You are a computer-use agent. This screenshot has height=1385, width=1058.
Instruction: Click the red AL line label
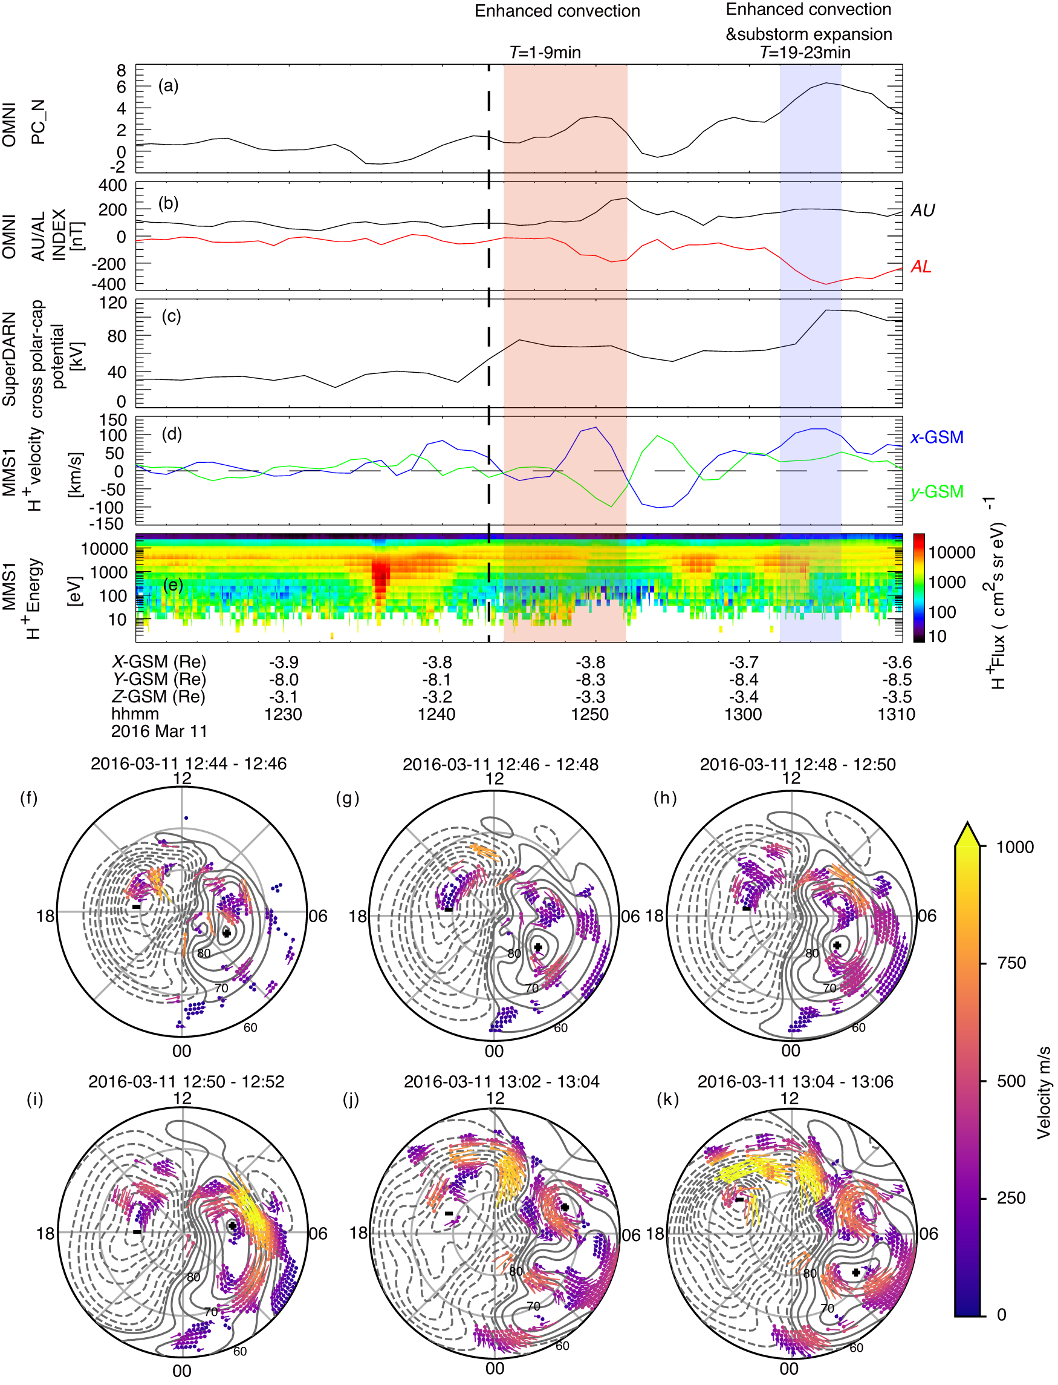pos(921,267)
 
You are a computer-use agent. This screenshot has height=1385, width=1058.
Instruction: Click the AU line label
pos(923,211)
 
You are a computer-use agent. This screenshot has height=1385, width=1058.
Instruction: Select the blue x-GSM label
pos(936,437)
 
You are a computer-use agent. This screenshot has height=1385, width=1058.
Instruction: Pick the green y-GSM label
pos(936,492)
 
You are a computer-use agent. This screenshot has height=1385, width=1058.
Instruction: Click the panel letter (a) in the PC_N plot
pos(168,86)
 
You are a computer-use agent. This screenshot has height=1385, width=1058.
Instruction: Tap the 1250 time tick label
pos(589,715)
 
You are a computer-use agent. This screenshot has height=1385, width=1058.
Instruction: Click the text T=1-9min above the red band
pos(545,52)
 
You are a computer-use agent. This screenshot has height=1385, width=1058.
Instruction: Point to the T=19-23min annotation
pos(805,52)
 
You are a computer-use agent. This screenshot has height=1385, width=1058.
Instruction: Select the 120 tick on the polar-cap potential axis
pos(114,303)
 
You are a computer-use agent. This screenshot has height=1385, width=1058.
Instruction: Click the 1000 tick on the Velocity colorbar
pos(1014,847)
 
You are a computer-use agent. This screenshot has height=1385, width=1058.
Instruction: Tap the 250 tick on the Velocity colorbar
pos(1011,1198)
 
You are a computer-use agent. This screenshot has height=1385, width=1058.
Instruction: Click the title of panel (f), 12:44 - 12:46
pos(188,764)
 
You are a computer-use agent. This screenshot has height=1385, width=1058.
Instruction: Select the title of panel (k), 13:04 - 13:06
pos(795,1082)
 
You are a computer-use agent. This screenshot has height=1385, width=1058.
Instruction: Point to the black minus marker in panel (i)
pos(137,1231)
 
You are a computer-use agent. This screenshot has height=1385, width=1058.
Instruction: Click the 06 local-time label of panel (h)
pos(926,916)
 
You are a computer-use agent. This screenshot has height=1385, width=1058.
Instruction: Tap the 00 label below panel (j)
pos(495,1369)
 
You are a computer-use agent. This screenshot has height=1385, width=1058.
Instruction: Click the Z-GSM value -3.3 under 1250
pos(589,697)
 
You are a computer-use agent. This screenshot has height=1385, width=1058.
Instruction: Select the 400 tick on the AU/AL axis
pos(114,186)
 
